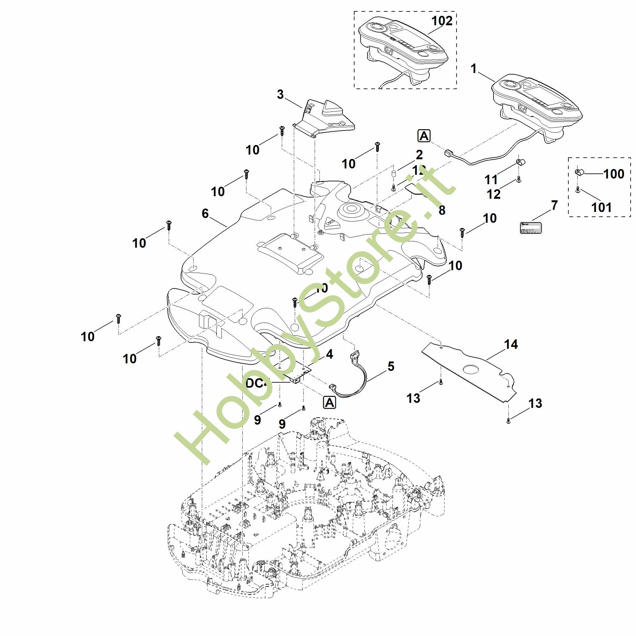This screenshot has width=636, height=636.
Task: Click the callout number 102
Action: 442,21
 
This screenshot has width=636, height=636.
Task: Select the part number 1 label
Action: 474,69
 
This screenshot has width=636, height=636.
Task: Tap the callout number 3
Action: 280,95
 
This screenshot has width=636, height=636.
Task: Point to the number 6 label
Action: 205,214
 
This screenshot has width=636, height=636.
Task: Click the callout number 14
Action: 511,344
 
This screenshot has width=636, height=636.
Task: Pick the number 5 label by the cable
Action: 391,366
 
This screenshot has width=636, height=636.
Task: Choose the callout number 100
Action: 614,174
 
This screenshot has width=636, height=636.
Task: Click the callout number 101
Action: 602,207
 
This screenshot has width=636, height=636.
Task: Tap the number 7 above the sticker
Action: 555,205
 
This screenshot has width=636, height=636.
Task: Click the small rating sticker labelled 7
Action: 530,227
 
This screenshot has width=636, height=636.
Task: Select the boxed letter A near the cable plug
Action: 424,136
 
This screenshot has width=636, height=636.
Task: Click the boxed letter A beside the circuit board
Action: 330,403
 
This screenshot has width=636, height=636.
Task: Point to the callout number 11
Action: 491,180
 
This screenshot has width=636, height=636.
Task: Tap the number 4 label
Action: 329,354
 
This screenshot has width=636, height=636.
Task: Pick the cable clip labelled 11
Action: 520,162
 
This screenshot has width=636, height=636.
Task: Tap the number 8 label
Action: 442,210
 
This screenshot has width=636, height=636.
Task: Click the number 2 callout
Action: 419,154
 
